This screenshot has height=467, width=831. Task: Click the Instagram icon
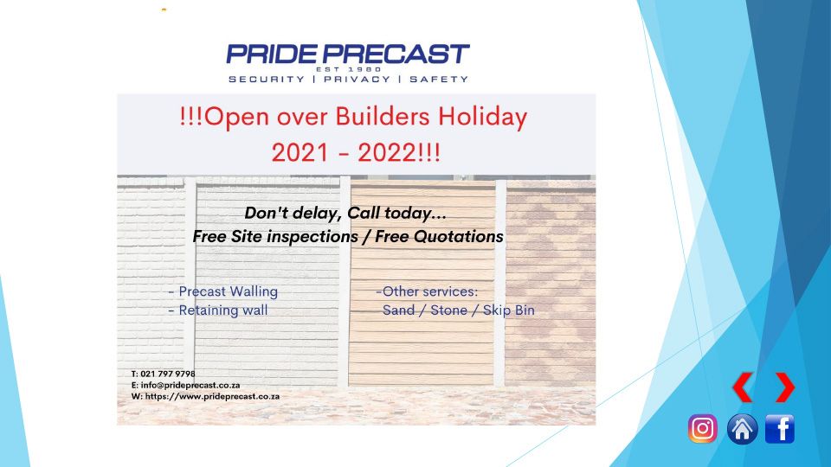(703, 428)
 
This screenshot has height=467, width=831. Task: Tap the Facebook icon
(780, 428)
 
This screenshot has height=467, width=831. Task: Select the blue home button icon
(742, 428)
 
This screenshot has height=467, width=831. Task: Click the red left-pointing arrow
(743, 387)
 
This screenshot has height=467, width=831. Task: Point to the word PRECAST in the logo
(397, 54)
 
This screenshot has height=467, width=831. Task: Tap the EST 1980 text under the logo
(348, 69)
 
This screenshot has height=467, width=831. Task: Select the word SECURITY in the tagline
(267, 80)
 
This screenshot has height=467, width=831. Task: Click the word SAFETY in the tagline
(439, 80)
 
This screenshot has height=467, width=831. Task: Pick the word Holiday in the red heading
(482, 118)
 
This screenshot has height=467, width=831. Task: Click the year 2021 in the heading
(300, 153)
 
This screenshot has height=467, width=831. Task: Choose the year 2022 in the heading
(387, 153)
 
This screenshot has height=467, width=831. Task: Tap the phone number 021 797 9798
(167, 374)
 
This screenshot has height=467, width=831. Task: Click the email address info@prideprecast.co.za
(190, 386)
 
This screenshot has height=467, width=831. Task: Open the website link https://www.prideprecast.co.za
(212, 396)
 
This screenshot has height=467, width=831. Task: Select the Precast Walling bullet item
(223, 291)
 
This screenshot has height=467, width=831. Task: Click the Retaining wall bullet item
(218, 310)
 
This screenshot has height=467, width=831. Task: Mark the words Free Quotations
(440, 237)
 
